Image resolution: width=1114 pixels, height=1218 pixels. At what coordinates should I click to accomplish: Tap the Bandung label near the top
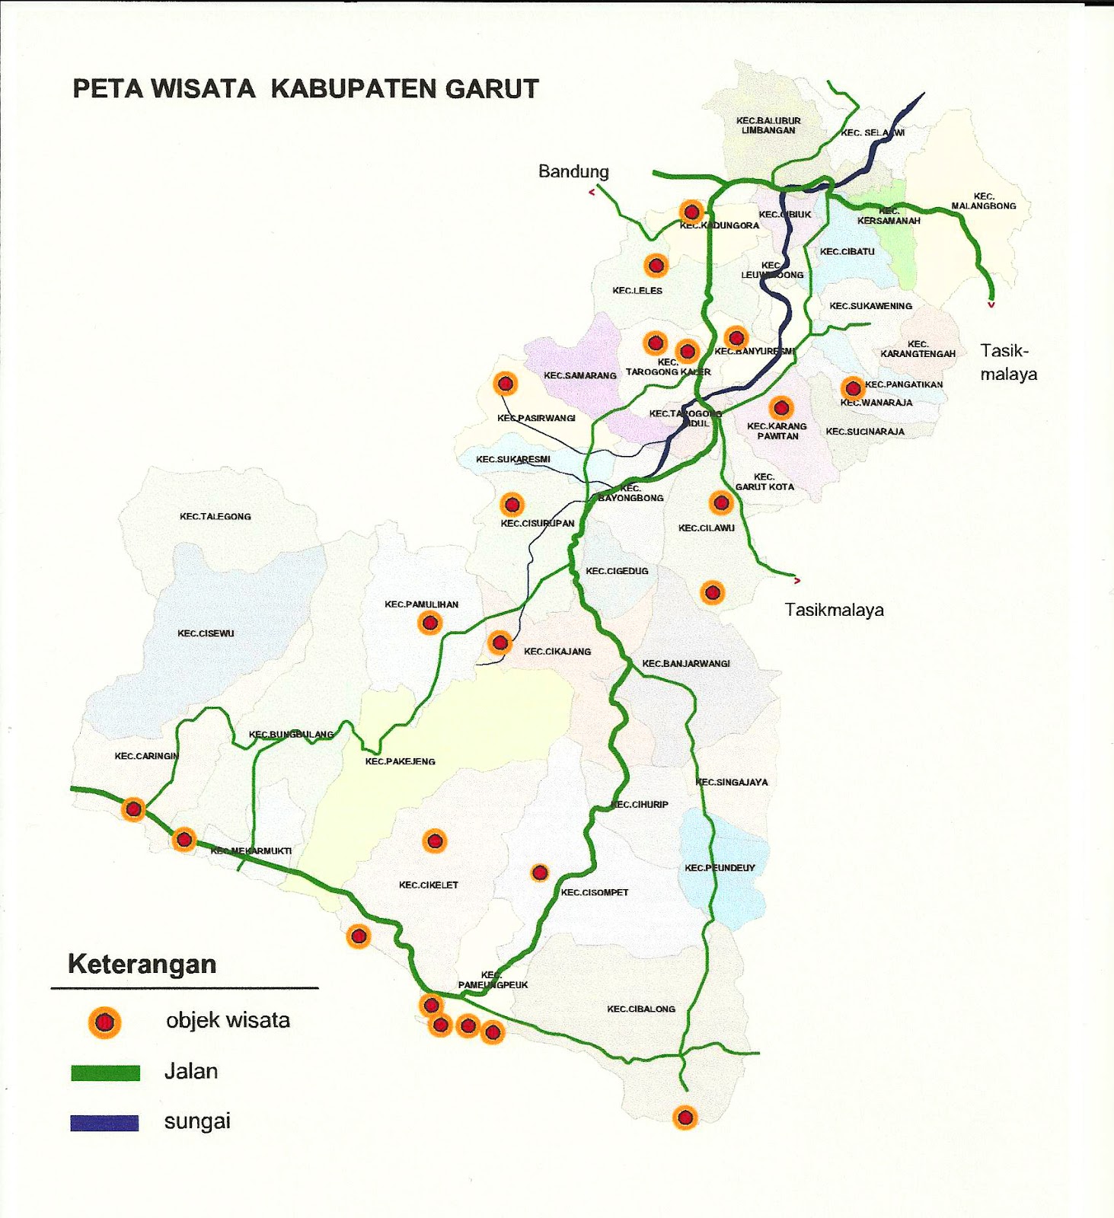coord(573,171)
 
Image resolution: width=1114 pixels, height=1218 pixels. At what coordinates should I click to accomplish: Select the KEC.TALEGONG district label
coord(215,516)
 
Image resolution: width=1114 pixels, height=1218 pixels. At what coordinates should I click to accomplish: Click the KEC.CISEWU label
coord(206,633)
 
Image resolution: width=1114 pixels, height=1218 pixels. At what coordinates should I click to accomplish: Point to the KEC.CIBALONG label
coord(641,1009)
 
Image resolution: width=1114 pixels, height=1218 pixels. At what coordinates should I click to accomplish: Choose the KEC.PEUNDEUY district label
coord(720,868)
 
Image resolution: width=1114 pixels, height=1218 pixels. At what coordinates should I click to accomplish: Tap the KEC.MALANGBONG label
coord(984,201)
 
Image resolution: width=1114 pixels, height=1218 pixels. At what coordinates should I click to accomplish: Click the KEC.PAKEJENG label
coord(400,761)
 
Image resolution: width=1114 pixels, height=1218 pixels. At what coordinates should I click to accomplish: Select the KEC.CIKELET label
coord(429,885)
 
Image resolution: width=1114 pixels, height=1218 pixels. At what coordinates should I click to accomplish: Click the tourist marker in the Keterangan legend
coord(104,1022)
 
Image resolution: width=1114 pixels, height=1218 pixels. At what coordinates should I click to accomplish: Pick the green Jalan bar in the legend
coord(105,1073)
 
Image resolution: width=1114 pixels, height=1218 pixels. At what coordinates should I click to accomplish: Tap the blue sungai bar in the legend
coord(104,1123)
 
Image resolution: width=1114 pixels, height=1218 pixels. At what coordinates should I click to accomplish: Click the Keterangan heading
coord(142,964)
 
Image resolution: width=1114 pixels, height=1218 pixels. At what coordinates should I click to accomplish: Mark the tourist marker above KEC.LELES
coord(656,266)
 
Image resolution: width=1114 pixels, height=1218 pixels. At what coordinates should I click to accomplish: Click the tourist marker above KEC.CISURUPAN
coord(512,504)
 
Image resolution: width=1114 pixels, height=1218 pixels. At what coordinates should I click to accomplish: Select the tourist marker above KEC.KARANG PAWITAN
coord(780,408)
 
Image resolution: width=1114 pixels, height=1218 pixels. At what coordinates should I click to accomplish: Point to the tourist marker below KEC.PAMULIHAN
coord(429,623)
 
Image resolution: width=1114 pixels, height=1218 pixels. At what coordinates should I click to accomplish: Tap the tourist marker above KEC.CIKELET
coord(434,841)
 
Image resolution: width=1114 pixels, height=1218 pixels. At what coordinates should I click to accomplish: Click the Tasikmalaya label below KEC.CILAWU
coord(835,610)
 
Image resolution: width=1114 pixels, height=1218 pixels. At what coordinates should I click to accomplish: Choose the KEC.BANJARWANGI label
coord(686,663)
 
